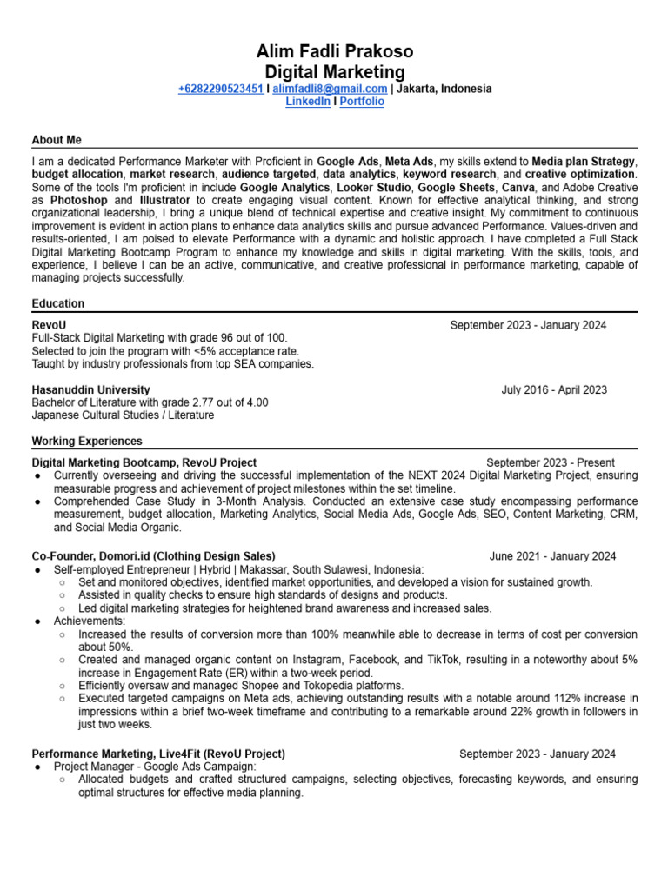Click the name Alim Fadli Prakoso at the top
pyautogui.click(x=335, y=51)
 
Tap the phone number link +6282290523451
pyautogui.click(x=221, y=89)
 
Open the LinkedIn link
pyautogui.click(x=308, y=102)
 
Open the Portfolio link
pyautogui.click(x=362, y=102)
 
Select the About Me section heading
pyautogui.click(x=57, y=140)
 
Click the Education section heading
pyautogui.click(x=58, y=303)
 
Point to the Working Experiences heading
pyautogui.click(x=87, y=441)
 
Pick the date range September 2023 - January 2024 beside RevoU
pyautogui.click(x=528, y=325)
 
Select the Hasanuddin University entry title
pyautogui.click(x=90, y=390)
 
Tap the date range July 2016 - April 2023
pyautogui.click(x=554, y=390)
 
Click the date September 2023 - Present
pyautogui.click(x=550, y=462)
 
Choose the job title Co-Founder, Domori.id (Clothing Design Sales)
pyautogui.click(x=153, y=556)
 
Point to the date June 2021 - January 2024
pyautogui.click(x=552, y=556)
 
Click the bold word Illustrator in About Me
pyautogui.click(x=164, y=200)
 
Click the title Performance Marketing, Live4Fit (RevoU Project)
pyautogui.click(x=158, y=754)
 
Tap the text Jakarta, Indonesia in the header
pyautogui.click(x=444, y=89)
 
